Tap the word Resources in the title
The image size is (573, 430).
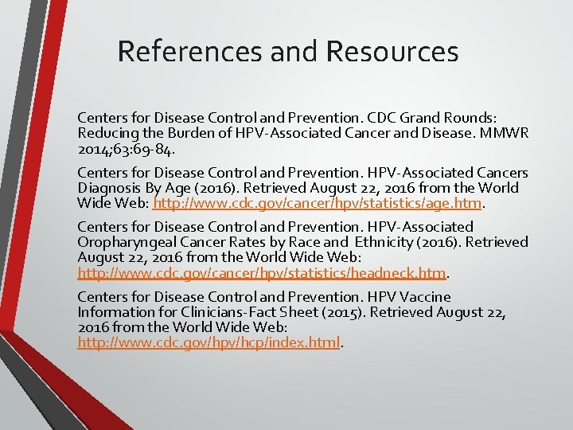click(x=392, y=52)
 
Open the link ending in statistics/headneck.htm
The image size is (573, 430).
click(x=261, y=273)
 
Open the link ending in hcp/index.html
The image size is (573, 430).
click(x=209, y=343)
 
